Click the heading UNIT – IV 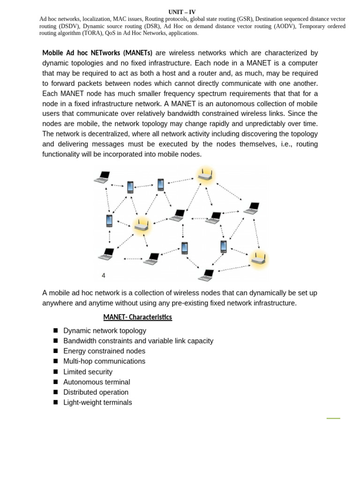[182, 12]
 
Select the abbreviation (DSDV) [69, 26]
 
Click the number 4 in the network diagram [104, 276]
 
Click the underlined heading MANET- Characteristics [137, 317]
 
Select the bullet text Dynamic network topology [105, 331]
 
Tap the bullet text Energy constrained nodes [104, 351]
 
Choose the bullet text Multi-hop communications [104, 361]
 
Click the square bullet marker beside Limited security [56, 372]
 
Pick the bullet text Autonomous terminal [97, 382]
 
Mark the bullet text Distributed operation [96, 392]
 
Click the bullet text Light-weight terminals [97, 403]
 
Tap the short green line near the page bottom [333, 418]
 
